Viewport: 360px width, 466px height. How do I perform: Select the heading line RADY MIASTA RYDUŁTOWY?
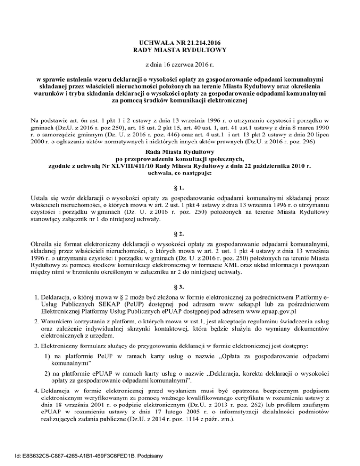[180, 50]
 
